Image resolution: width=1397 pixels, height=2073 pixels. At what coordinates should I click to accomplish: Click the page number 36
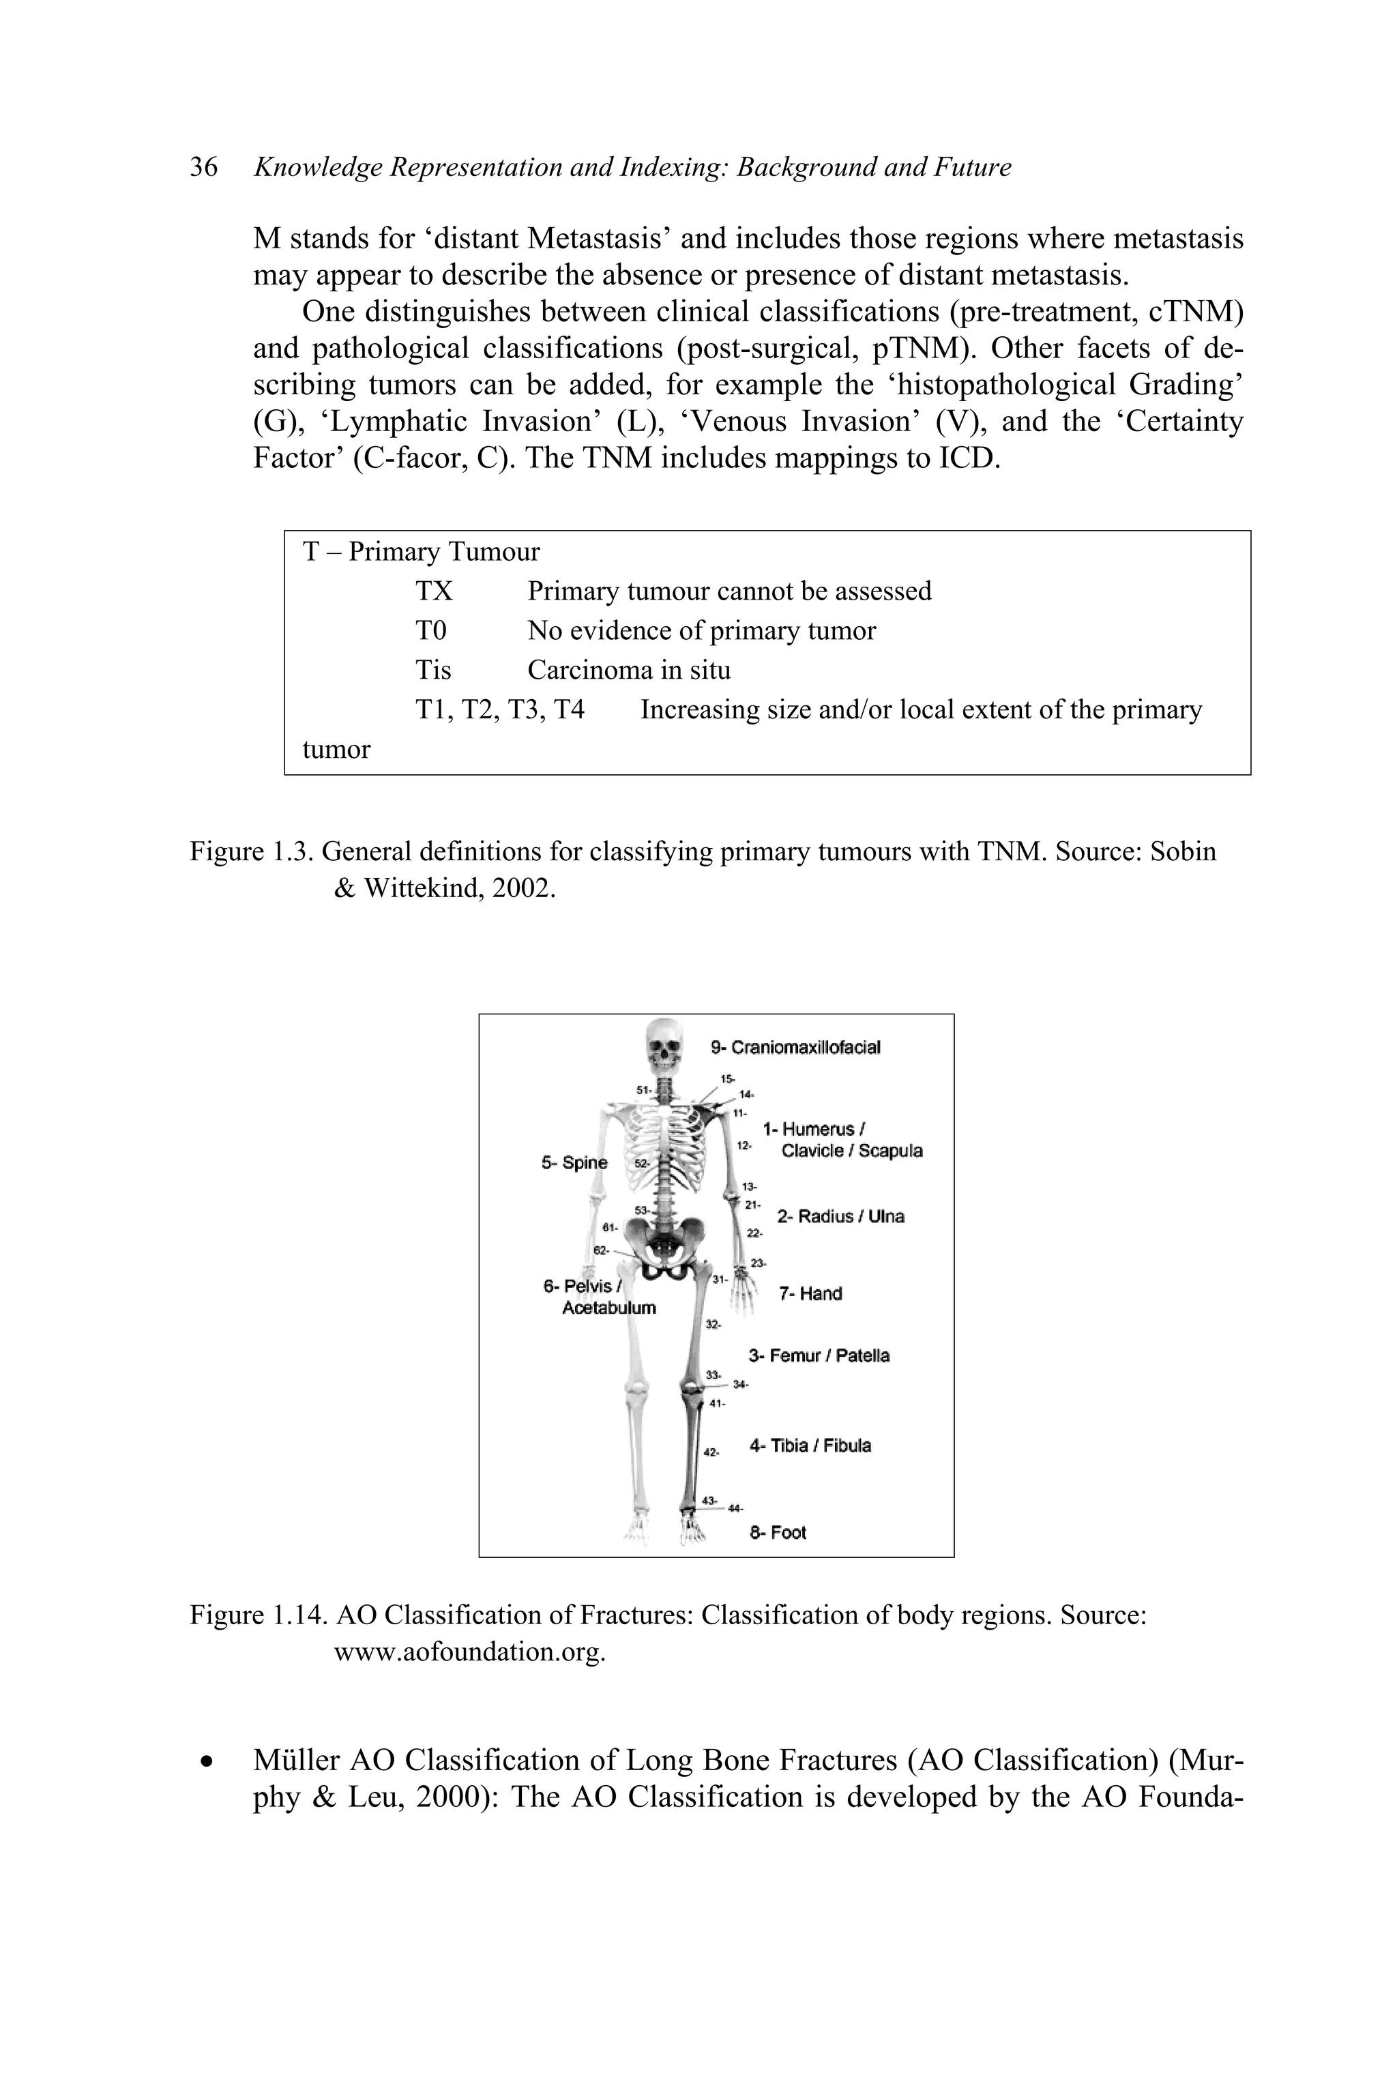point(203,168)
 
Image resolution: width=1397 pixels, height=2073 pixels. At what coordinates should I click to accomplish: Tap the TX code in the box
point(434,591)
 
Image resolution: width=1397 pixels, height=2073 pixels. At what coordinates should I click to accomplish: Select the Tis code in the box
point(433,670)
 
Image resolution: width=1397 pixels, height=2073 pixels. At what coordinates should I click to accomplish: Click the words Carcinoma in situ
point(628,670)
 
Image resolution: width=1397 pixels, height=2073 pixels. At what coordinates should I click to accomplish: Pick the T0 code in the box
point(430,631)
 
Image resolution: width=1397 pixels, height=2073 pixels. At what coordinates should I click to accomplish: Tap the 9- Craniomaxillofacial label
point(795,1048)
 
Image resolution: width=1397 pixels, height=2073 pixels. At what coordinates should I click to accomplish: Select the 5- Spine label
point(574,1162)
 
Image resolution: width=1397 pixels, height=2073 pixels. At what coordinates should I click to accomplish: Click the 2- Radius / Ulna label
point(840,1217)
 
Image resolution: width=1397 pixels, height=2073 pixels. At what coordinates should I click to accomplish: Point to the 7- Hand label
point(810,1293)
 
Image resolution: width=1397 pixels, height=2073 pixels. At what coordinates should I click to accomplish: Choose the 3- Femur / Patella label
point(819,1356)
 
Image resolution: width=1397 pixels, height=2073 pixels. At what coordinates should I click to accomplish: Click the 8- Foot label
point(778,1532)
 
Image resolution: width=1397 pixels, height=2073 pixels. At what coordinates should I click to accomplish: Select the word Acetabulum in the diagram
point(608,1308)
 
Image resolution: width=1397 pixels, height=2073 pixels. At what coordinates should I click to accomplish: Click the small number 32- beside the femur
point(713,1325)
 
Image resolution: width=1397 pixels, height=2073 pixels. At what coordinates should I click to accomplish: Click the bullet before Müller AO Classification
point(207,1761)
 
